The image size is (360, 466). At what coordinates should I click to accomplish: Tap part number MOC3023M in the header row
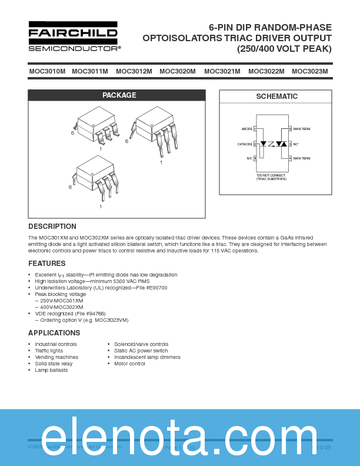pos(309,72)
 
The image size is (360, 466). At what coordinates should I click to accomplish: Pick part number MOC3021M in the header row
pos(222,72)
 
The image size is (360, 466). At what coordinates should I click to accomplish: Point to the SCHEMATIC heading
pos(276,96)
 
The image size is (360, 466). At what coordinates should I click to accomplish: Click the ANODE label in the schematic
pos(246,128)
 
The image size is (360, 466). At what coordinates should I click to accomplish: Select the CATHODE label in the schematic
pos(245,144)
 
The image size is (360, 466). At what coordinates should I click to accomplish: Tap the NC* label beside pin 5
pos(296,144)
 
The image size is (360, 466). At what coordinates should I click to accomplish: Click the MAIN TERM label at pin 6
pos(302,128)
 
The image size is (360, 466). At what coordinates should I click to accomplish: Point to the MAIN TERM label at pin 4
pos(302,158)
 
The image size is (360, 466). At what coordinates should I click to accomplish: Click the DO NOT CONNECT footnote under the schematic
pos(271,177)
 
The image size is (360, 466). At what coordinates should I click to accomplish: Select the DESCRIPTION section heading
pos(52,227)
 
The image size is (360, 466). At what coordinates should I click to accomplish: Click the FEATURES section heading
pos(47,264)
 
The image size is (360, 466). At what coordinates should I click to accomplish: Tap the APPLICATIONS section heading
pos(54,333)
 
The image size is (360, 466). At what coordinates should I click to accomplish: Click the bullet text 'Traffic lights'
pos(49,351)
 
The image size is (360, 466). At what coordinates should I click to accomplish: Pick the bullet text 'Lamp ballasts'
pos(51,370)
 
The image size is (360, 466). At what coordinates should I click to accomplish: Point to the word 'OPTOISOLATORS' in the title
pos(178,38)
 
